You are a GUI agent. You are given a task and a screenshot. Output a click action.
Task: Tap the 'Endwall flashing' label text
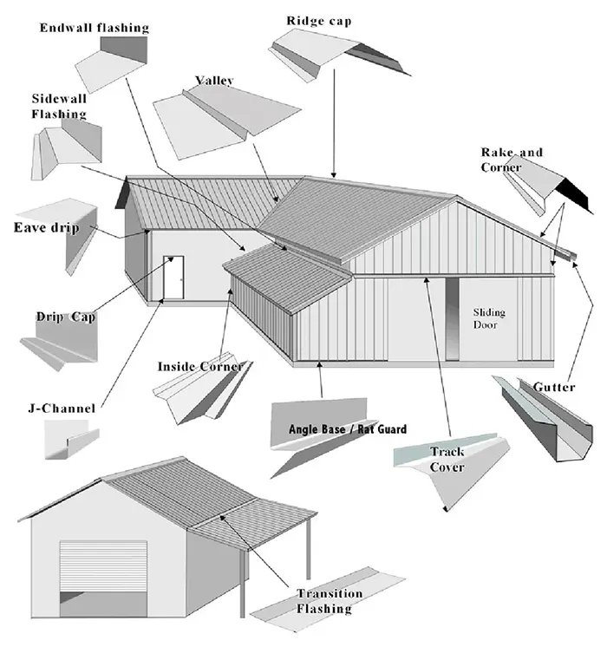click(x=95, y=28)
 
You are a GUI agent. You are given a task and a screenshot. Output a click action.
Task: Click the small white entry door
click(x=173, y=278)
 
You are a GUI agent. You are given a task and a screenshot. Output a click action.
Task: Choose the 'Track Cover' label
click(x=447, y=460)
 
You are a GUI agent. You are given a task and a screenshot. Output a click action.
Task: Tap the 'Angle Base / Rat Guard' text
click(x=348, y=429)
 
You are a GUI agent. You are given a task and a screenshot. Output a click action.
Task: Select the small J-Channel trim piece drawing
click(x=69, y=439)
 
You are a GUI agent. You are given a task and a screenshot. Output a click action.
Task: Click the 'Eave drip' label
click(x=46, y=228)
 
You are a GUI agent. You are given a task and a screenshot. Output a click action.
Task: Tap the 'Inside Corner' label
click(x=199, y=366)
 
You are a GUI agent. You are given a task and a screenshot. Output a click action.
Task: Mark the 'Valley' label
click(x=214, y=81)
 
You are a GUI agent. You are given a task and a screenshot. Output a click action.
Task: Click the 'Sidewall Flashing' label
click(x=59, y=106)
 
